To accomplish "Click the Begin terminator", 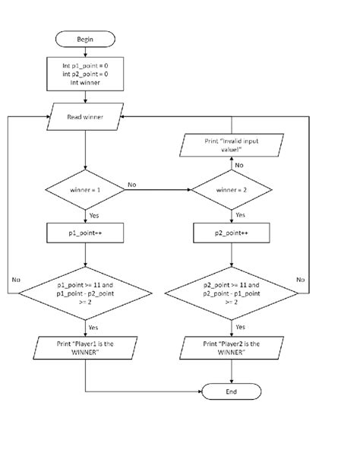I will [x=86, y=39].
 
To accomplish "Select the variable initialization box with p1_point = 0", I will [x=86, y=74].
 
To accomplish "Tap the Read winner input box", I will [x=86, y=117].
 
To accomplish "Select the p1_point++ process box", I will [x=86, y=230].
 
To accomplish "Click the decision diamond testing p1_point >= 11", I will [x=86, y=291].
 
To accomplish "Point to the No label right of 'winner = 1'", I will [x=132, y=183].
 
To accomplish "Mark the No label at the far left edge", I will [x=15, y=279].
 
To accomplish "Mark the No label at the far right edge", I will [x=302, y=279].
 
